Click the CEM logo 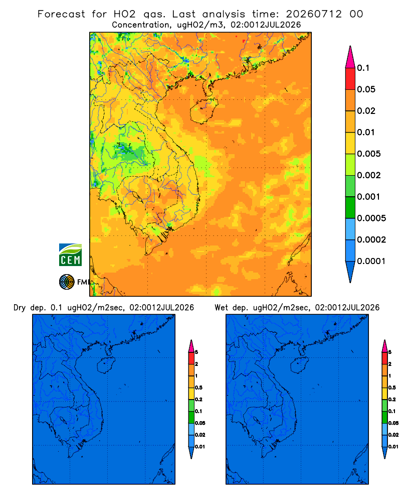[x=70, y=255]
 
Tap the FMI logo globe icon [x=67, y=282]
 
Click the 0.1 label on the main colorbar [x=363, y=68]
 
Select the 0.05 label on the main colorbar [x=366, y=89]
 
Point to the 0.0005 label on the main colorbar [x=371, y=218]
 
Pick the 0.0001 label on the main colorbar [x=371, y=261]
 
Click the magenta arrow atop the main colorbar [x=350, y=57]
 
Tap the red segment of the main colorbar [x=350, y=79]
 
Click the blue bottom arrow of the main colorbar [x=350, y=272]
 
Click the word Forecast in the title [x=61, y=14]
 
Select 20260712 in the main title [x=314, y=14]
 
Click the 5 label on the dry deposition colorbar [x=196, y=352]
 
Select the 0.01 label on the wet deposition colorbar [x=393, y=447]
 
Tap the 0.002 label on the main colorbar [x=369, y=175]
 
